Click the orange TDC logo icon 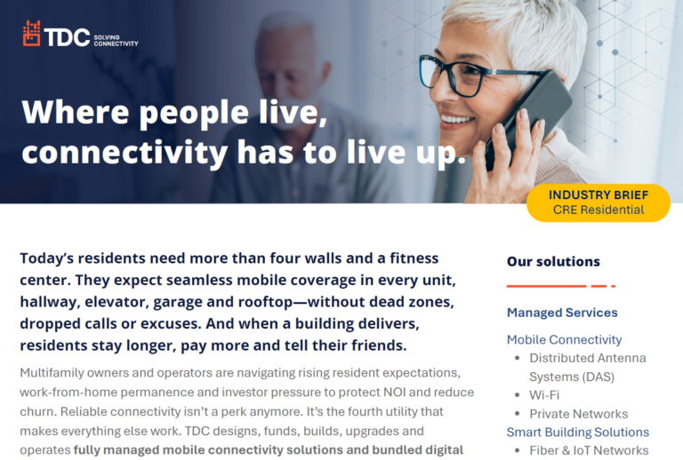(31, 34)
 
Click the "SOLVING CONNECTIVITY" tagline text (116, 41)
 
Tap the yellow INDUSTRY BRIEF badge (598, 202)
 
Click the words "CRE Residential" (598, 210)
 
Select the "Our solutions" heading (553, 262)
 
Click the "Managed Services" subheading (562, 313)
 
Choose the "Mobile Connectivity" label (564, 339)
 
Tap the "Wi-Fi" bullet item (544, 395)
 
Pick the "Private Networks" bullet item (578, 414)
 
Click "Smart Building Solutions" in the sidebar (577, 432)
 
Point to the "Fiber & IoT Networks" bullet (589, 450)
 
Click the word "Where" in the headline (76, 112)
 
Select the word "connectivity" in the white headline (125, 153)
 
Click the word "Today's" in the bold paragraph (46, 258)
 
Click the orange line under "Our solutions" (561, 286)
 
